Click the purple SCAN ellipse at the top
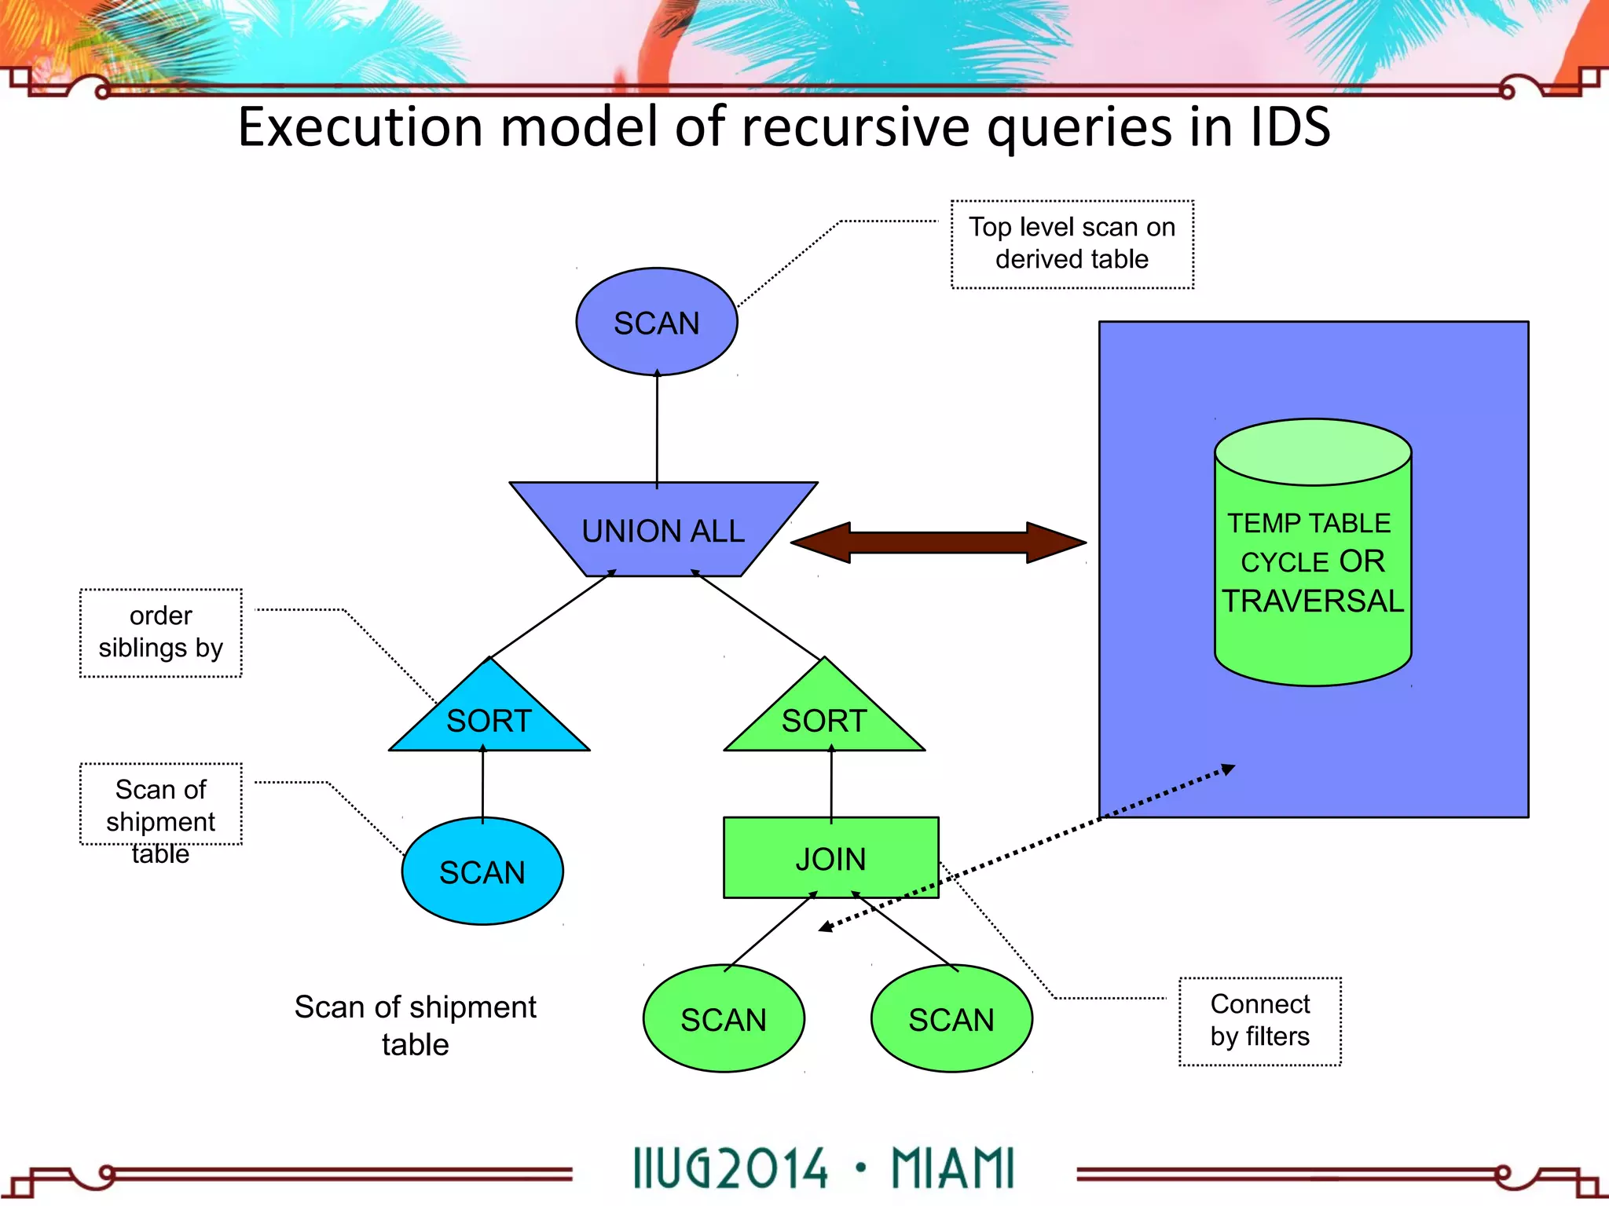pos(656,323)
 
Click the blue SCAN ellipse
pos(482,872)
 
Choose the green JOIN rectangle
pos(830,858)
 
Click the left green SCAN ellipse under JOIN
pos(723,1019)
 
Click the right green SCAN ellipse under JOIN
pos(951,1019)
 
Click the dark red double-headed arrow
pos(938,543)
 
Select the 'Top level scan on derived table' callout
pos(1072,243)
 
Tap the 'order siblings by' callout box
pos(160,632)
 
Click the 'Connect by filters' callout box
pos(1259,1021)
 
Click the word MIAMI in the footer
pos(952,1168)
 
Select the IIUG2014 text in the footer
pos(730,1168)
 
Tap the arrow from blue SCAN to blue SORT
pos(482,784)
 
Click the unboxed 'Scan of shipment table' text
pos(415,1025)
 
